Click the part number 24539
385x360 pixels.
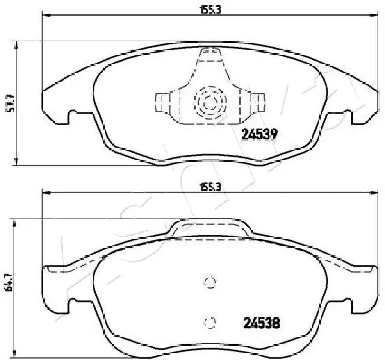[259, 135]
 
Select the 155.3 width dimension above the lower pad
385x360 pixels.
[207, 187]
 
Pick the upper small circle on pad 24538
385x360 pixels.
[210, 284]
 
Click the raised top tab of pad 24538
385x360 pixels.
[209, 228]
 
